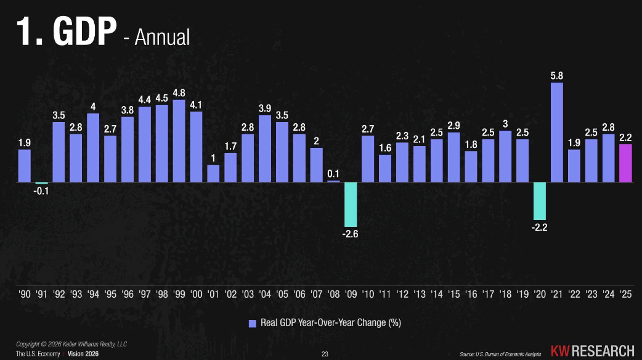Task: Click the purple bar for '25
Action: [x=625, y=163]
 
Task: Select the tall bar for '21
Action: [x=557, y=133]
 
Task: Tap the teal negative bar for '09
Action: [x=351, y=205]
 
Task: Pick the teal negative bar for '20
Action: [x=540, y=202]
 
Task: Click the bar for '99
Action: [x=179, y=141]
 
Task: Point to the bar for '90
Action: [x=25, y=166]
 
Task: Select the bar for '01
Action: [x=213, y=174]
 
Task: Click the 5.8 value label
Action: [x=557, y=76]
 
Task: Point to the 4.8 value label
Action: [x=179, y=92]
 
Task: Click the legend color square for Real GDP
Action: [x=252, y=323]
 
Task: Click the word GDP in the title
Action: [x=84, y=32]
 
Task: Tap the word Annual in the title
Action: [x=162, y=36]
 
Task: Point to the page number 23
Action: [x=325, y=354]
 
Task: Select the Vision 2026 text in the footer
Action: [x=83, y=354]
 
